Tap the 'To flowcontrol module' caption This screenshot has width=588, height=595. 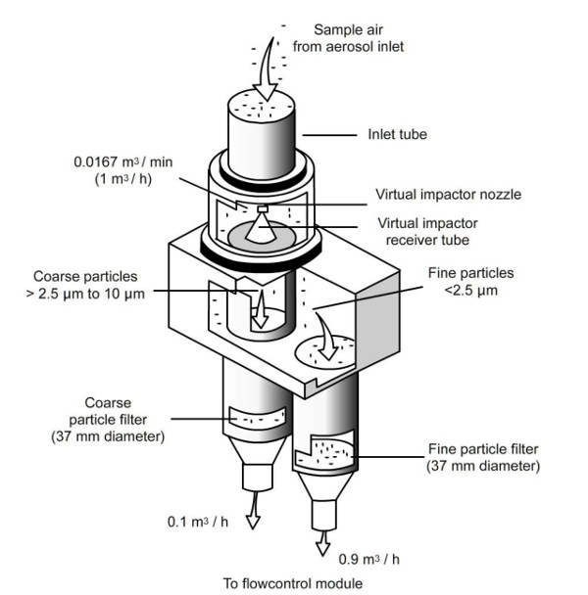[292, 584]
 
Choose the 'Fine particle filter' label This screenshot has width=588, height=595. [482, 458]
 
